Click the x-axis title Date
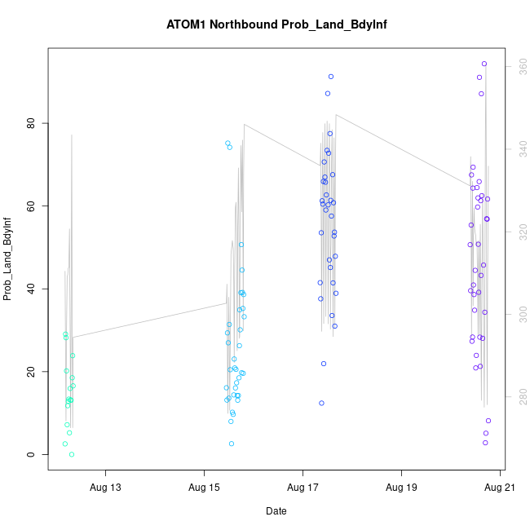pyautogui.click(x=276, y=511)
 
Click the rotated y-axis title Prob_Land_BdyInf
pyautogui.click(x=8, y=258)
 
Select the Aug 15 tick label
pyautogui.click(x=204, y=488)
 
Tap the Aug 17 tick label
pyautogui.click(x=303, y=488)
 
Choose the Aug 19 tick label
pyautogui.click(x=401, y=488)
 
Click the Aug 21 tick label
pyautogui.click(x=499, y=488)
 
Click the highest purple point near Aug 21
pyautogui.click(x=484, y=64)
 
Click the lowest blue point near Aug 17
pyautogui.click(x=322, y=403)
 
